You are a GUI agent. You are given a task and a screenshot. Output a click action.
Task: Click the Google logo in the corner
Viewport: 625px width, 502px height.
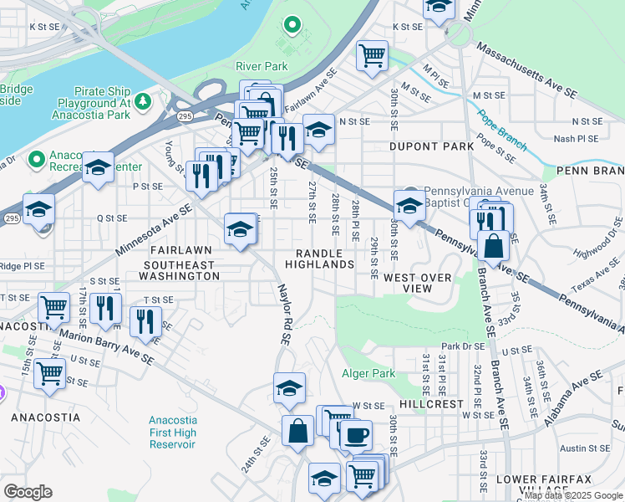[x=28, y=491]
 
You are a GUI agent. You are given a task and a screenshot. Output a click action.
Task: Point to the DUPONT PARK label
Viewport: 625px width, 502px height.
[x=431, y=146]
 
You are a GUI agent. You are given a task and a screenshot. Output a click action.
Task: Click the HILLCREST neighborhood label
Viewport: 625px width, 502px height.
[x=431, y=403]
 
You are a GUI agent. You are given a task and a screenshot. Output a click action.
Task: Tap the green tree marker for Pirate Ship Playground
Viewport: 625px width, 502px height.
[x=143, y=101]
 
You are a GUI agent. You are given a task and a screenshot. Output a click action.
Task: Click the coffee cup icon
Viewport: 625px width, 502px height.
[x=357, y=435]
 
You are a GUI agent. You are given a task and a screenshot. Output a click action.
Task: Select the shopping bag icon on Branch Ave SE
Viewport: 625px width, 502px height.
[x=495, y=245]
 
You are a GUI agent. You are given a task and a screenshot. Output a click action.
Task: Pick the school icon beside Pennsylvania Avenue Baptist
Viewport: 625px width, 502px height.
[x=409, y=205]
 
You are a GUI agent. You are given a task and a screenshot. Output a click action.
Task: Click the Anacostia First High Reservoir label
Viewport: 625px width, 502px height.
[x=172, y=433]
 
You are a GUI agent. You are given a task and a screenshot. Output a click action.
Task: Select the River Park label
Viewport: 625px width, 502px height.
[x=262, y=66]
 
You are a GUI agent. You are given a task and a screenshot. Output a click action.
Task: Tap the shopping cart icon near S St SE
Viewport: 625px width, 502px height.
[x=54, y=306]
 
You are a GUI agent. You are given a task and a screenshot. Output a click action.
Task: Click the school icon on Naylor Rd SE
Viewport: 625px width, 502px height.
[x=289, y=387]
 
